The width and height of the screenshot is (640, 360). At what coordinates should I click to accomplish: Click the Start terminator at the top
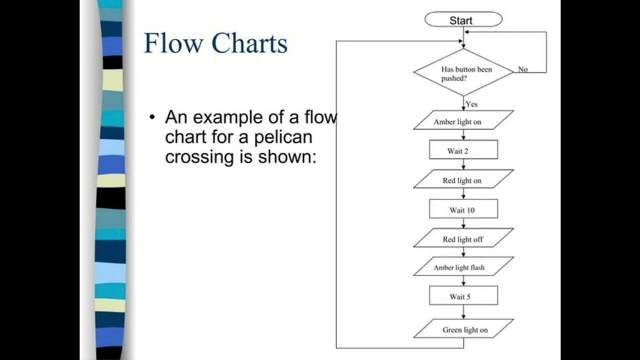pos(463,20)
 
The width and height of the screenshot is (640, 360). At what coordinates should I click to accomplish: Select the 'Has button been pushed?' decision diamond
pos(463,72)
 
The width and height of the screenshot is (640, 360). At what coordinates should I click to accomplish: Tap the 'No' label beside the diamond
pos(522,69)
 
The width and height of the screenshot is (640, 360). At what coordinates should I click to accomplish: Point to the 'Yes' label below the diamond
pos(471,104)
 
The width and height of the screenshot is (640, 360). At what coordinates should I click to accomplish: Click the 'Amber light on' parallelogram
pos(463,121)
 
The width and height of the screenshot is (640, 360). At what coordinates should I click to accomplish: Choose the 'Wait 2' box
pos(463,150)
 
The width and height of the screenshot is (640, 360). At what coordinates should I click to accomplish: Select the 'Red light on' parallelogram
pos(463,180)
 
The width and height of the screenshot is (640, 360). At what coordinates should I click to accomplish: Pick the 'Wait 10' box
pos(463,209)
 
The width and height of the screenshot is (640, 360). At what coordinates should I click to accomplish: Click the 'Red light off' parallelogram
pos(463,239)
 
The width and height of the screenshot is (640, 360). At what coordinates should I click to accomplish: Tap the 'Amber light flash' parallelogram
pos(463,267)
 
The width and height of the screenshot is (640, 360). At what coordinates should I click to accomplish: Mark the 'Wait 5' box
pos(463,296)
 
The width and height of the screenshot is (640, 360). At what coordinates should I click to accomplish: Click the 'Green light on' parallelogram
pos(463,329)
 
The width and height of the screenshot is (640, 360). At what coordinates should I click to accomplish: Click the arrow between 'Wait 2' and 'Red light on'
pos(463,164)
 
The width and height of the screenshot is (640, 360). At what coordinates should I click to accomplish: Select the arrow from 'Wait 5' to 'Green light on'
pos(463,312)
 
